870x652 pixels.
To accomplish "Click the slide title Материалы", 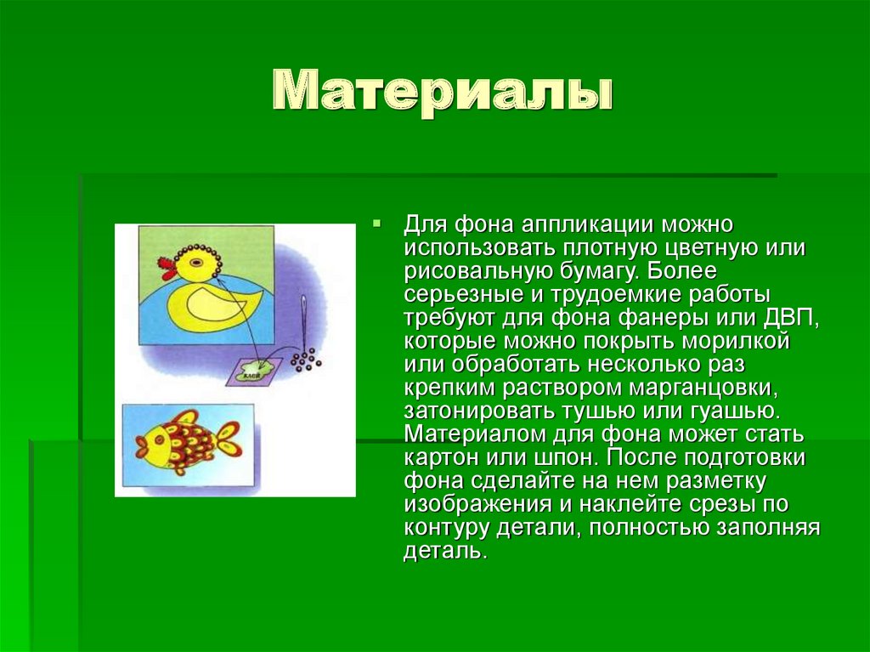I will (442, 91).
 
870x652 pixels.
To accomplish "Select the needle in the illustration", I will (301, 319).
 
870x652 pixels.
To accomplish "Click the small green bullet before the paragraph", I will (378, 225).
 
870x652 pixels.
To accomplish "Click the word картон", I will (444, 457).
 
